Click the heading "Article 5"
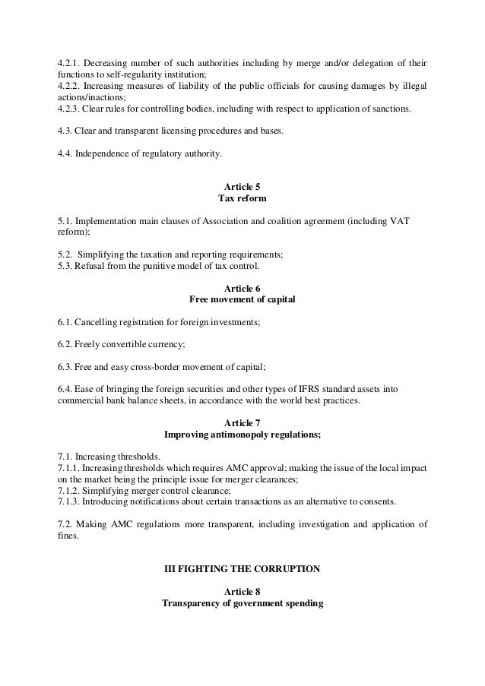point(242,186)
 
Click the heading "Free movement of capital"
point(242,300)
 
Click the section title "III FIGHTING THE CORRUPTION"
point(242,569)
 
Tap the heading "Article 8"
point(242,593)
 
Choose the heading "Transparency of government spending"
point(242,604)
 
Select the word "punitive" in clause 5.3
point(154,267)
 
